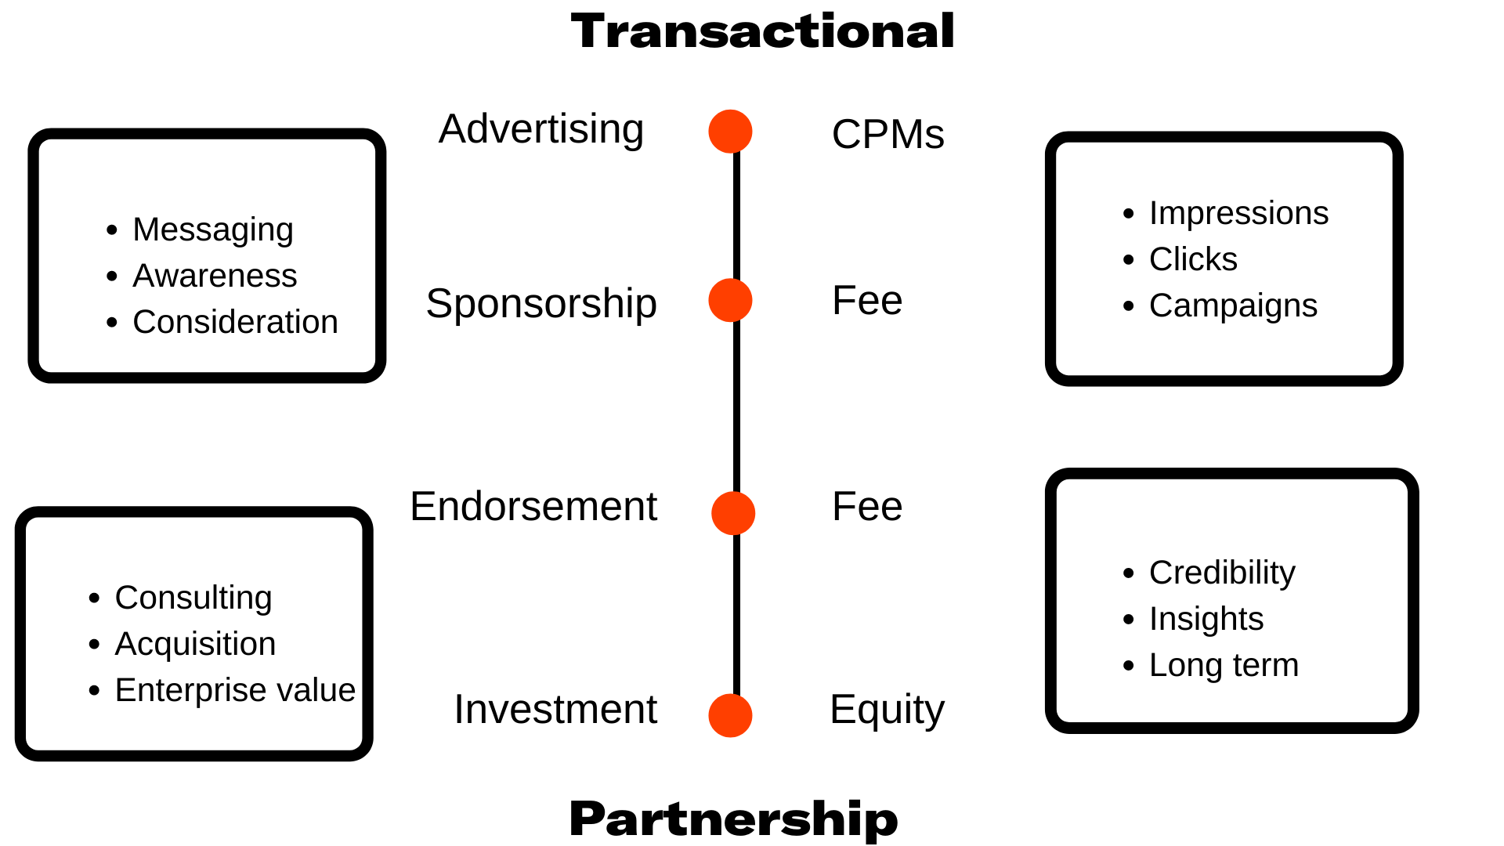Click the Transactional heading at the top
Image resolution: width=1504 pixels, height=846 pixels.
762,32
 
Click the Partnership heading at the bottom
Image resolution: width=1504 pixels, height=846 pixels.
733,819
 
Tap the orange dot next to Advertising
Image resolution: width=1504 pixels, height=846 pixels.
730,132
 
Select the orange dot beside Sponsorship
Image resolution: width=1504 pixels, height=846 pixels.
730,300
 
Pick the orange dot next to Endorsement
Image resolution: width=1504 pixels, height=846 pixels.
733,513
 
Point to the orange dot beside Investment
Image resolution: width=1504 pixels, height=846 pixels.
730,715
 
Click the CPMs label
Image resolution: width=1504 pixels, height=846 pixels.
888,134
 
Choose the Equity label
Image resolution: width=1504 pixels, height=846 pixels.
887,710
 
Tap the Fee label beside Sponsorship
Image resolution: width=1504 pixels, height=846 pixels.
867,301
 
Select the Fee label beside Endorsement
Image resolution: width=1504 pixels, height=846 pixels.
867,507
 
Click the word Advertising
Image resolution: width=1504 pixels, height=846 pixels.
541,129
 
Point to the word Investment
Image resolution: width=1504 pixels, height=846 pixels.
555,710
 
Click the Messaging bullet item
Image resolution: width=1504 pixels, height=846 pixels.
213,230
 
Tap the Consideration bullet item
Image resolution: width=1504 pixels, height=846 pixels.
235,322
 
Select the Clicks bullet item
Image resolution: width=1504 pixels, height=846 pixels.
1193,259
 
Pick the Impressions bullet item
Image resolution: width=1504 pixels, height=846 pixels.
1238,213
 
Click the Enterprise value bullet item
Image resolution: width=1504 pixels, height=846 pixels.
235,690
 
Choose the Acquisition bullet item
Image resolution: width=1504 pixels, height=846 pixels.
195,644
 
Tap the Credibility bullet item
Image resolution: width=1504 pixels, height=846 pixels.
1222,573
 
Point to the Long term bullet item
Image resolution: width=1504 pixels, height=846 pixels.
1224,665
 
